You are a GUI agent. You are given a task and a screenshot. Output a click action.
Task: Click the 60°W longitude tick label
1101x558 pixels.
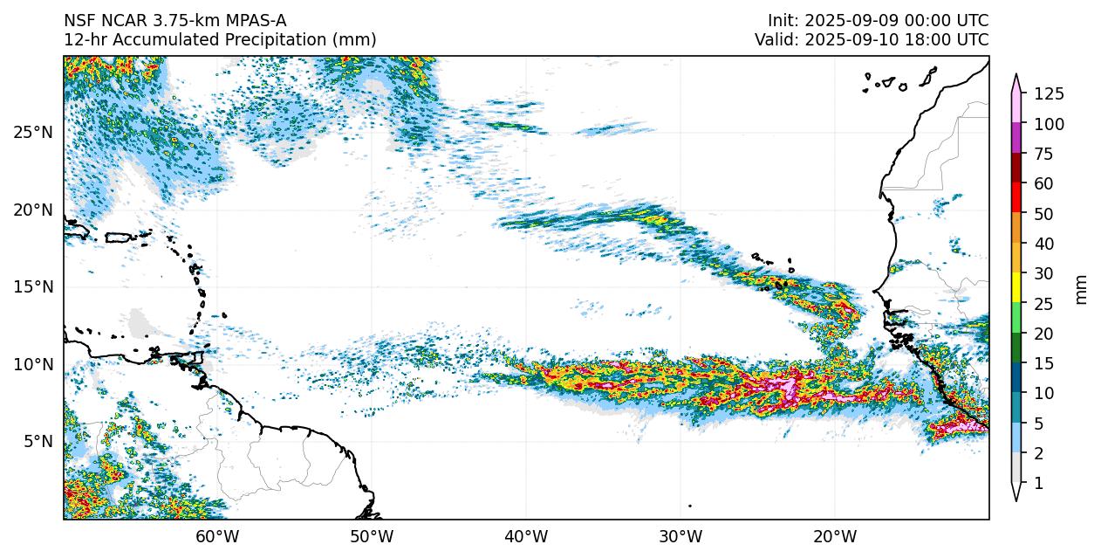(x=217, y=536)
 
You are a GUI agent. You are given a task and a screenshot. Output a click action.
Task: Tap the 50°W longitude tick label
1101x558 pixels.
(x=372, y=536)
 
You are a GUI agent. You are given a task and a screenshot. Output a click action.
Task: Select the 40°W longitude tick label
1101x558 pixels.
(x=526, y=536)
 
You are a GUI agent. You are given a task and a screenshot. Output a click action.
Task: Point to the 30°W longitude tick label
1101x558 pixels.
(x=680, y=536)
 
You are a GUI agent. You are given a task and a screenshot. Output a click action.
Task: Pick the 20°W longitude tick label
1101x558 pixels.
(x=835, y=536)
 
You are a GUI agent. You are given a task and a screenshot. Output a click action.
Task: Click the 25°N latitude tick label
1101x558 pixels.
(x=32, y=133)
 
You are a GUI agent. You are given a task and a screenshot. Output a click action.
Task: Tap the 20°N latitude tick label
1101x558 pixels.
(x=32, y=210)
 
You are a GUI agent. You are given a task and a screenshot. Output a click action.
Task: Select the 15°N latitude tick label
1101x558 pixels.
(x=32, y=286)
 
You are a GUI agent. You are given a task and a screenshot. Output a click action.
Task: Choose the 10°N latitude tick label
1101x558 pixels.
(x=32, y=364)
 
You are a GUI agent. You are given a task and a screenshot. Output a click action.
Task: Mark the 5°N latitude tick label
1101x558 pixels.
(x=36, y=441)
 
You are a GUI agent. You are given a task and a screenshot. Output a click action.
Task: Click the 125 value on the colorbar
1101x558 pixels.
(x=1049, y=94)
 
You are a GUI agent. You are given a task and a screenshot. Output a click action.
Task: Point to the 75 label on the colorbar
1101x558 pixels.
(x=1043, y=155)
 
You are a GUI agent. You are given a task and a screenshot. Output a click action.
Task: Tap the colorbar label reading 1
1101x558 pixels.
(x=1038, y=483)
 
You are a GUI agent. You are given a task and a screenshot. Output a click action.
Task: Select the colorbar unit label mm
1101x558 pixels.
(x=1082, y=289)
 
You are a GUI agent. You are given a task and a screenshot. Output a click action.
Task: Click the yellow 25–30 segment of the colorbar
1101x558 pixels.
(x=1016, y=288)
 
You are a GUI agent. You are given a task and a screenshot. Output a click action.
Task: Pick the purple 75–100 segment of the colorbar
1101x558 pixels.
(x=1016, y=139)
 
